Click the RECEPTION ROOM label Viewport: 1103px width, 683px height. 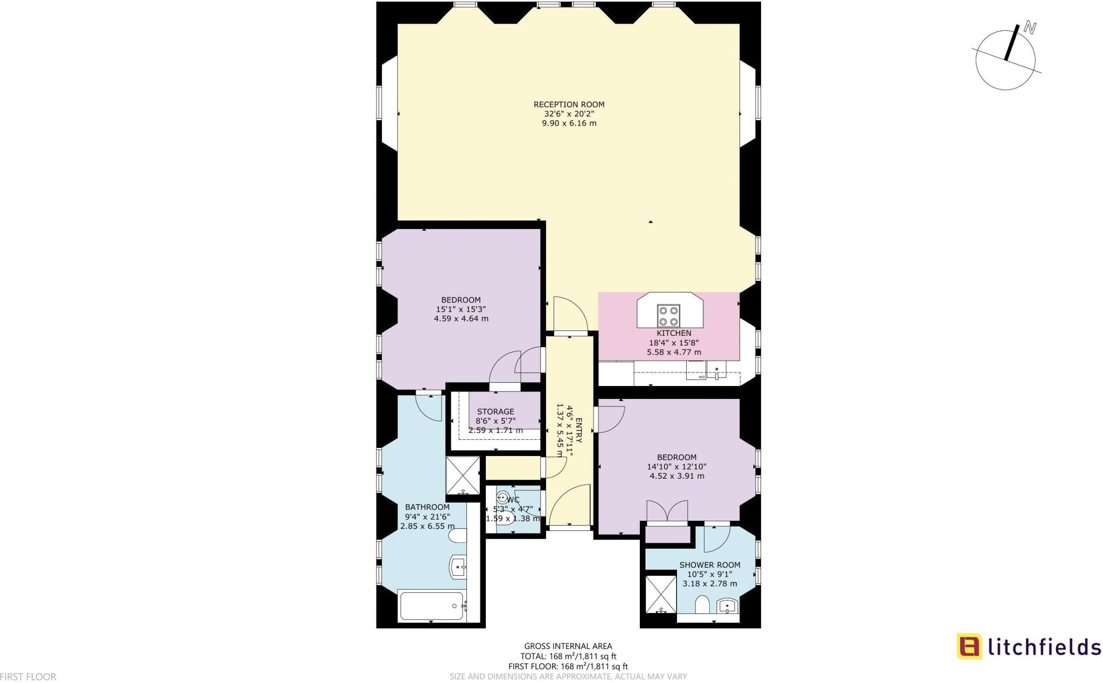569,105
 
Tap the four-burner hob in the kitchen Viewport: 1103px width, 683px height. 668,316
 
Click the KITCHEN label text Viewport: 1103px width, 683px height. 674,333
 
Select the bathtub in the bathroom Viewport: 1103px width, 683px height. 431,606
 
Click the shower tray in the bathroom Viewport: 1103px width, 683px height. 463,475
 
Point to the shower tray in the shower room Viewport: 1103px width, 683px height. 660,594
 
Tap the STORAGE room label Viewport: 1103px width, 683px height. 495,411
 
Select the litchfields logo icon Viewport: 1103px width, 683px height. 969,646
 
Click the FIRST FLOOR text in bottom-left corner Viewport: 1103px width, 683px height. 28,677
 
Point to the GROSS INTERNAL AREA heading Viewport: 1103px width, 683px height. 568,646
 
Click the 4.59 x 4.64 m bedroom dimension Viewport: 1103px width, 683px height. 461,319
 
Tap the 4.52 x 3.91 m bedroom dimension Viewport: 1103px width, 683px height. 676,476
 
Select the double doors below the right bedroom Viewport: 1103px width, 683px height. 667,511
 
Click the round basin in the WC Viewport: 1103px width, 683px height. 503,497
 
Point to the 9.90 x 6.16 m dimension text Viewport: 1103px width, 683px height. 569,123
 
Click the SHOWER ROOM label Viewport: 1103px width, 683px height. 709,565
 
